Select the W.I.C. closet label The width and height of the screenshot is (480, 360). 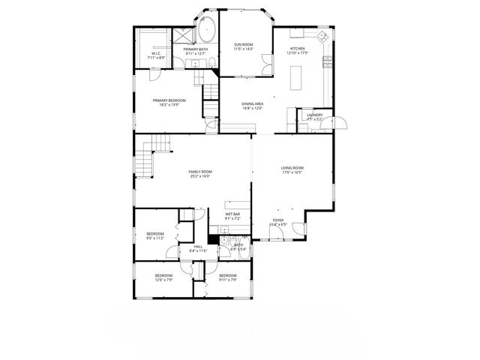156,53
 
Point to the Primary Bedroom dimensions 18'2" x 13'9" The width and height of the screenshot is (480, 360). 169,105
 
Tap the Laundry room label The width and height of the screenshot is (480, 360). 314,115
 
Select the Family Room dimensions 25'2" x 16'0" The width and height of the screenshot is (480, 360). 199,177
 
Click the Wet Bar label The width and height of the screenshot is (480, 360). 232,214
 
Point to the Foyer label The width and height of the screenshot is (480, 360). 277,220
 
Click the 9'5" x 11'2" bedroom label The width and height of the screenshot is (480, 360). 154,237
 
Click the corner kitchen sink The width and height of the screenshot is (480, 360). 321,35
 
